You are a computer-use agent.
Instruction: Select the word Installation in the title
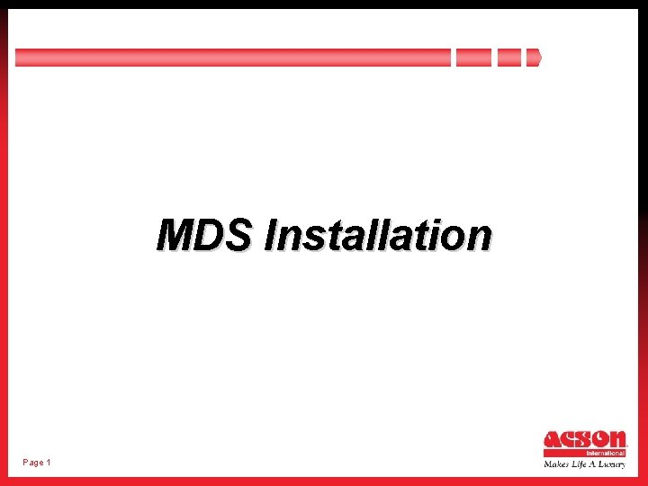point(378,235)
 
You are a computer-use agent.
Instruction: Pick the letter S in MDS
point(238,235)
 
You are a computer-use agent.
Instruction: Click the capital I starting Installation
point(271,235)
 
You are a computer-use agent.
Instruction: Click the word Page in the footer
point(33,463)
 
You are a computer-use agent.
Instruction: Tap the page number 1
point(49,463)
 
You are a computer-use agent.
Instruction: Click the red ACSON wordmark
point(584,440)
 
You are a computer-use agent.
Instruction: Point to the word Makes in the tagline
point(556,464)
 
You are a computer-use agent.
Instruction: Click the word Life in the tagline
point(580,464)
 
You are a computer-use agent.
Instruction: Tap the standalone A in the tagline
point(595,464)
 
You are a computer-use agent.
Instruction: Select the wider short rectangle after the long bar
point(473,58)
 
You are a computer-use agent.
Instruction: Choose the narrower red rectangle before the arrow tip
point(509,58)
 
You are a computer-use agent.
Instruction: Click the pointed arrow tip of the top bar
point(534,58)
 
